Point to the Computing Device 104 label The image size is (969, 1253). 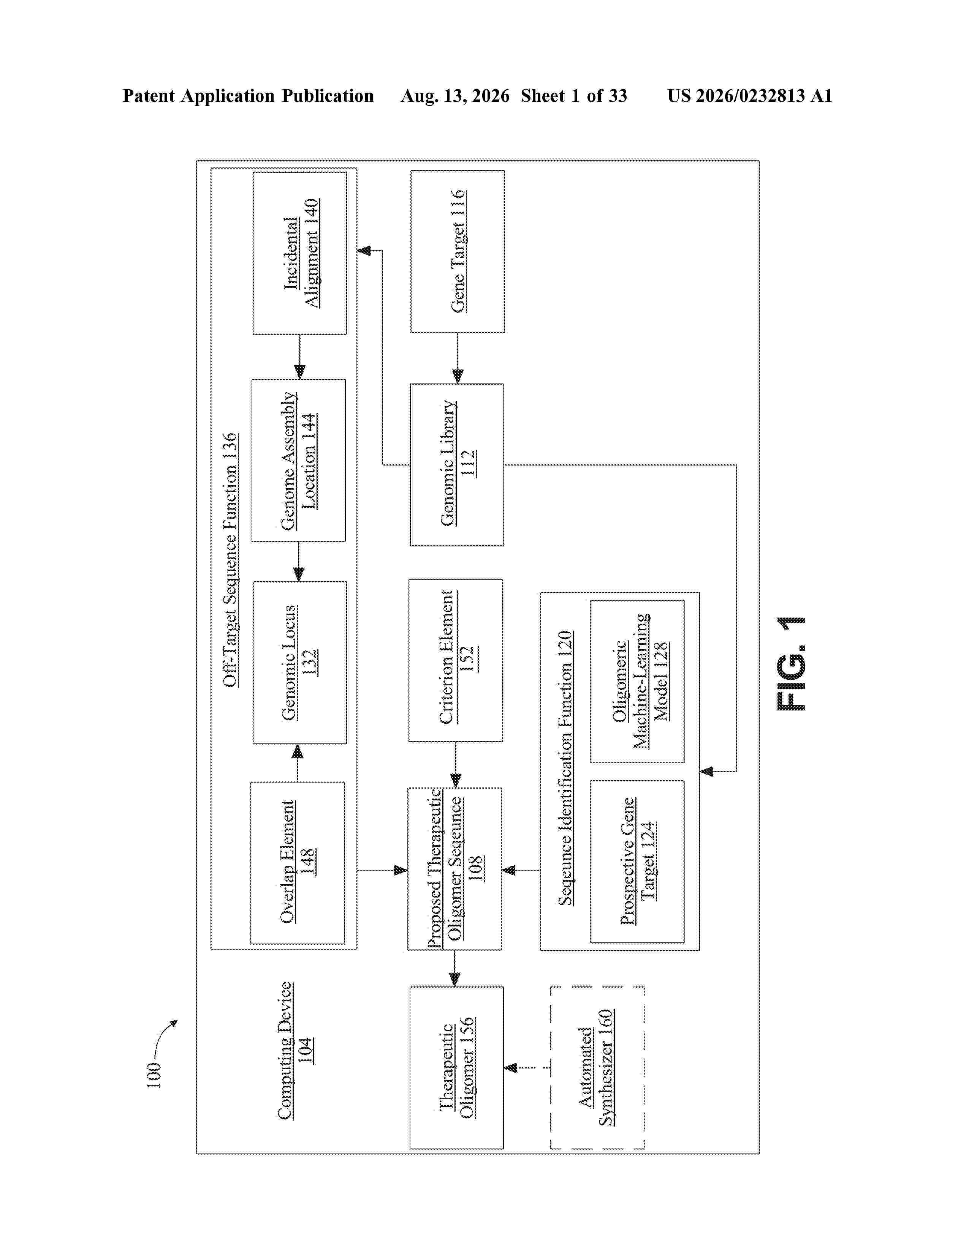coord(294,1051)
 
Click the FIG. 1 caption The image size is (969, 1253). coord(791,664)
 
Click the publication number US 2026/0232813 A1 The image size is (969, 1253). coord(750,96)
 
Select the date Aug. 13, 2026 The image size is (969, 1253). coord(455,96)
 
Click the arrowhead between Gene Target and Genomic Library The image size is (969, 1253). coord(458,376)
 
